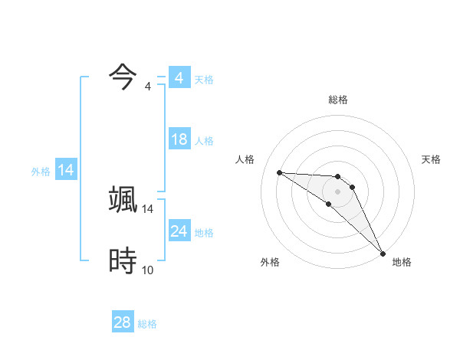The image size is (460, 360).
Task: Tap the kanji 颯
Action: coord(123,199)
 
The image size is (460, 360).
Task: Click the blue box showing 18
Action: coord(179,139)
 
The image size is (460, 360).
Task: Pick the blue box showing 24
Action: coord(179,231)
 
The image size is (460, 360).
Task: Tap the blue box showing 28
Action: coord(123,322)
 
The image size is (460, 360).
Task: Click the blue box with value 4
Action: coord(179,78)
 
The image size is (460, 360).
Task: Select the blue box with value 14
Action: coord(66,170)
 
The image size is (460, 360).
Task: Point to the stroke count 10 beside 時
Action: coord(148,270)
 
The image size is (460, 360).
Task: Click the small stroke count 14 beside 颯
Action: coord(148,208)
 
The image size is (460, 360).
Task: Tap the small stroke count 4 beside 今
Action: coord(148,86)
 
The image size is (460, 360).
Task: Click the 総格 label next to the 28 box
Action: coord(147,324)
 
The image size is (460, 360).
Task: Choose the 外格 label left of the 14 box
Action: coord(41,172)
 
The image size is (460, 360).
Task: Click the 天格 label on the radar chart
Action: coord(432,159)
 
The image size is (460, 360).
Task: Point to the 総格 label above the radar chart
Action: coord(338,100)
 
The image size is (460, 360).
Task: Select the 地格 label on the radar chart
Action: coord(402,262)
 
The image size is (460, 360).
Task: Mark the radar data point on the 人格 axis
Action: coord(279,172)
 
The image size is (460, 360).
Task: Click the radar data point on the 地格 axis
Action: coord(383,253)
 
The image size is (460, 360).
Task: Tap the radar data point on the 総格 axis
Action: coord(338,177)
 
